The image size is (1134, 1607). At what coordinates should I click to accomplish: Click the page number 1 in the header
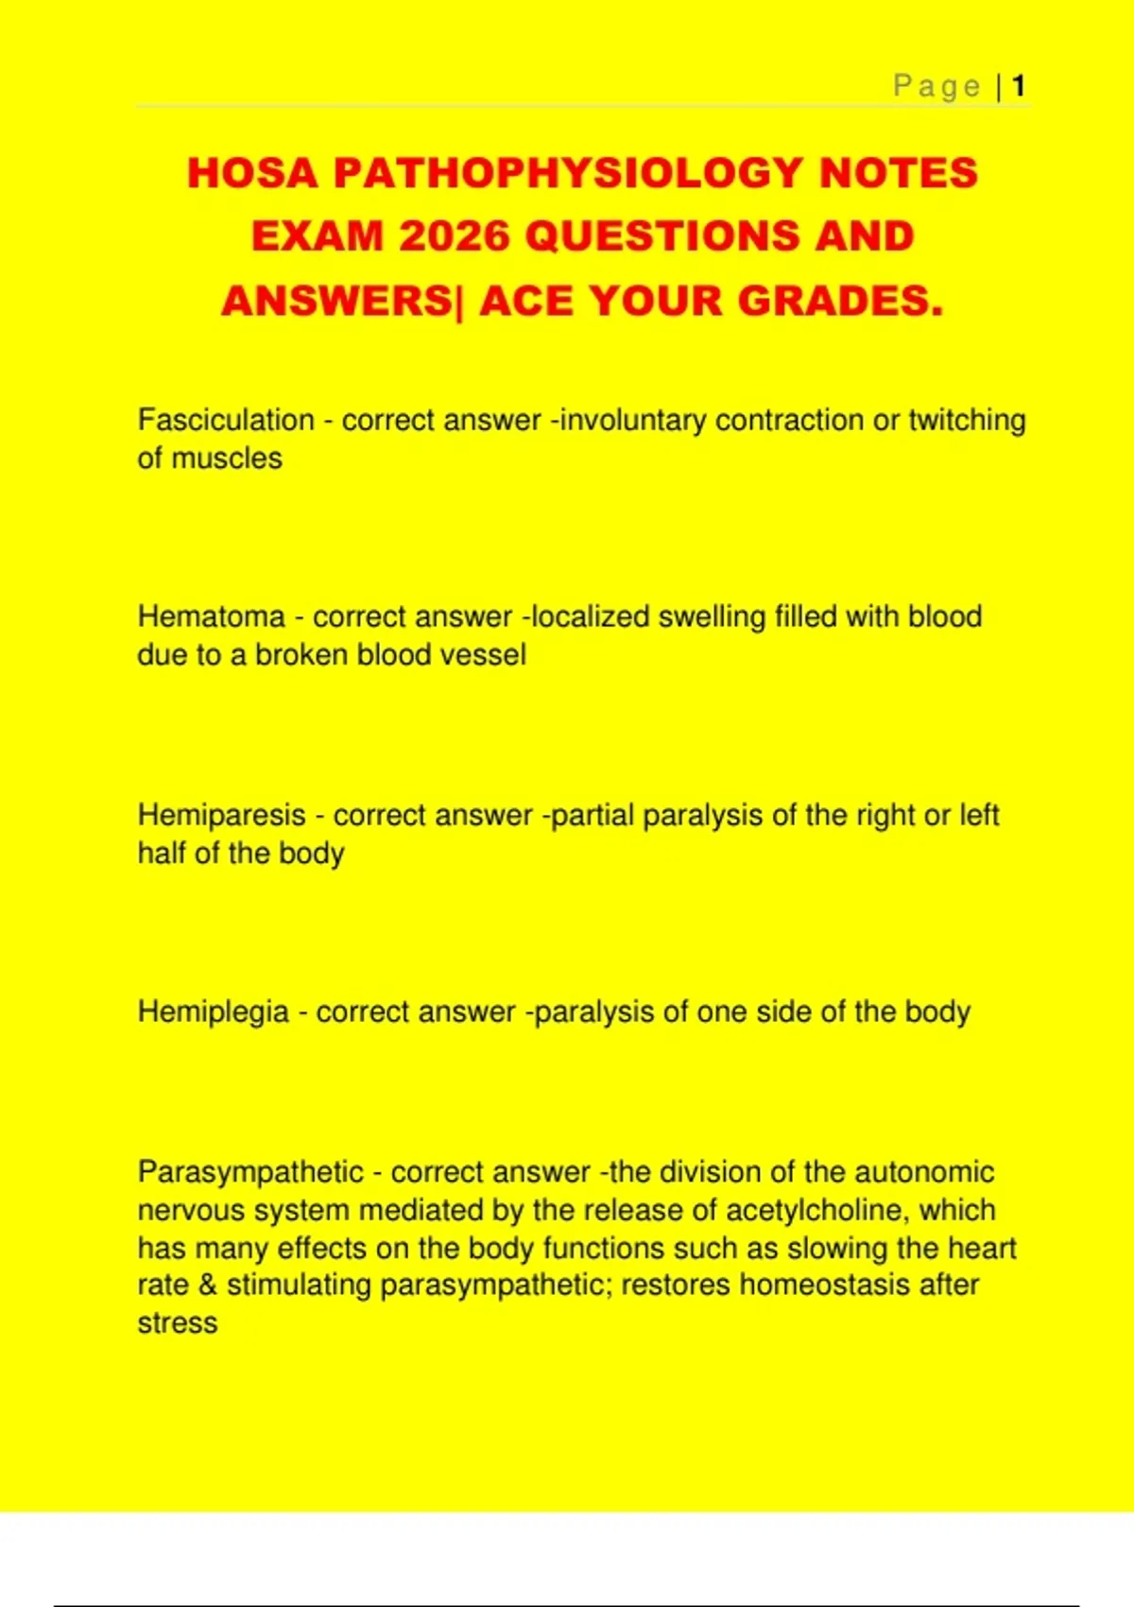1019,87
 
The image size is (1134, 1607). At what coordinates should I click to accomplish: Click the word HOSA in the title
252,174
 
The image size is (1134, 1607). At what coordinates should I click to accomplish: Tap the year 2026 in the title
454,236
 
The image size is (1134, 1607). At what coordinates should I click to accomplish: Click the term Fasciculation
226,420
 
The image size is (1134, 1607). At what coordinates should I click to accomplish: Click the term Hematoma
211,616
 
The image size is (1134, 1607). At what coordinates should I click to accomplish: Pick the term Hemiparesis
221,815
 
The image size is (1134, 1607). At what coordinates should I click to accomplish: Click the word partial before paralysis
593,815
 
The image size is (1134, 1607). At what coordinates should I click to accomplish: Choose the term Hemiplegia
214,1011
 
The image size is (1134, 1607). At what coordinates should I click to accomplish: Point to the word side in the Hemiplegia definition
783,1011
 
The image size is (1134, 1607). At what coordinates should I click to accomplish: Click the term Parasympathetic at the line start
250,1172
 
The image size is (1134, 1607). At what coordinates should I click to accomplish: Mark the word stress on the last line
178,1323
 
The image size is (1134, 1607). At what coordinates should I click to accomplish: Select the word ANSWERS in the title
336,302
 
